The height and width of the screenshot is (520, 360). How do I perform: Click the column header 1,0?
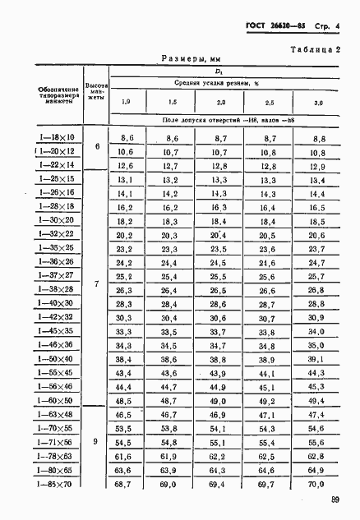click(126, 102)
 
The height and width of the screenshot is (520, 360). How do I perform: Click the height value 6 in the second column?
click(97, 146)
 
